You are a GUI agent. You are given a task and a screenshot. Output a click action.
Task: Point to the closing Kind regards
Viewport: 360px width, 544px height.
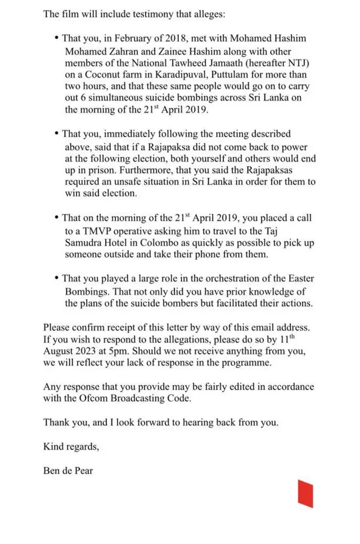71,447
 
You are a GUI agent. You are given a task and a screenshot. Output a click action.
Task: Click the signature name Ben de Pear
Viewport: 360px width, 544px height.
68,471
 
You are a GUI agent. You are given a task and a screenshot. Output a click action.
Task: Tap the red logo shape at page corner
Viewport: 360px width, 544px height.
305,493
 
